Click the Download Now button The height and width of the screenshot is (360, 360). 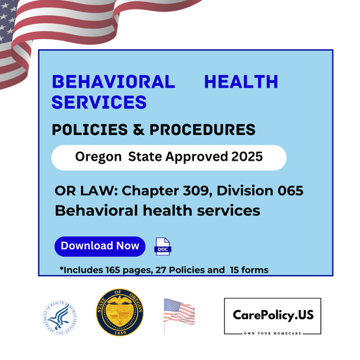point(100,246)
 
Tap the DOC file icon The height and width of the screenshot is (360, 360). point(163,247)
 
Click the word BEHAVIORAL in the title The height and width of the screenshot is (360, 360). point(113,82)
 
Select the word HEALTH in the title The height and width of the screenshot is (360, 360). point(240,82)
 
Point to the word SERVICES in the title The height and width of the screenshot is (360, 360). point(99,101)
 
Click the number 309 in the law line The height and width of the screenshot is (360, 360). point(184,190)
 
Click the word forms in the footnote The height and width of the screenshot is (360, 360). point(254,270)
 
